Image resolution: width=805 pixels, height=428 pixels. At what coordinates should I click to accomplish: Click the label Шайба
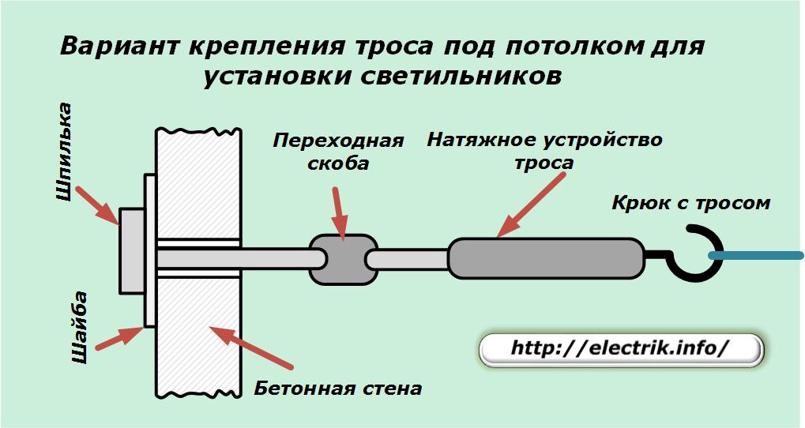(x=79, y=328)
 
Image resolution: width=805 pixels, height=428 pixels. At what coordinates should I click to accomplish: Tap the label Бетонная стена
(x=338, y=389)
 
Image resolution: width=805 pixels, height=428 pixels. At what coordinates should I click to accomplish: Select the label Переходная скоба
(x=338, y=152)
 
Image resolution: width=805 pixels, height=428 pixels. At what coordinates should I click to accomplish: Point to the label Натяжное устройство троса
(x=544, y=152)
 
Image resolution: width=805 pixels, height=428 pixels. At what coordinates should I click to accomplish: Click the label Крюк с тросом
(x=690, y=203)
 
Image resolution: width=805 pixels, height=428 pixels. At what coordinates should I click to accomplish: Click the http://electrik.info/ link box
(x=621, y=348)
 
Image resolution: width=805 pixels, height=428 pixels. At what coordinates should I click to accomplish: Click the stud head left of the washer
(x=131, y=250)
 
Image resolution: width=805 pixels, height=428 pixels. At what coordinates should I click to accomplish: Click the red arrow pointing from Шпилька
(x=100, y=203)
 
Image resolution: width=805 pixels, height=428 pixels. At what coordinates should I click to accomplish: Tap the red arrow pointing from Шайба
(x=118, y=338)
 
